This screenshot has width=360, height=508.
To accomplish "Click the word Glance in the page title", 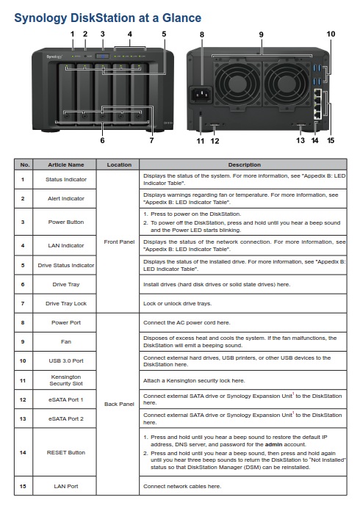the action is click(181, 18).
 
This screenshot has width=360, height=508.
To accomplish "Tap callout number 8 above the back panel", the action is click(202, 35).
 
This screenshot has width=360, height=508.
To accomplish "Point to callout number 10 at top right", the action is click(331, 34).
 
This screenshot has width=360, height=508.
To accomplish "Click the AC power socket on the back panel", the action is click(201, 94).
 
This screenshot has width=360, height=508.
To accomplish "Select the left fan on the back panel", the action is click(238, 84).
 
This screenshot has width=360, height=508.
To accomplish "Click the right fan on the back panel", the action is click(287, 84).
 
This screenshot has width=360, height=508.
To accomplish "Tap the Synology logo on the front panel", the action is click(54, 57).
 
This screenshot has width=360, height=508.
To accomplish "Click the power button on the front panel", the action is click(103, 57).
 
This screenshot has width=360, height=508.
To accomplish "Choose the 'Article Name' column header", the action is click(66, 164).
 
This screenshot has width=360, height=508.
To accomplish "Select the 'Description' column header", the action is click(244, 164).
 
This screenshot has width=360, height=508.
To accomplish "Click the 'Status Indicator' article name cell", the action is click(66, 179).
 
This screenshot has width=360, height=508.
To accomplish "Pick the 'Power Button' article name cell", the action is click(66, 222).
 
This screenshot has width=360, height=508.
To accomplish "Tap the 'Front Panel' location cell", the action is click(119, 242).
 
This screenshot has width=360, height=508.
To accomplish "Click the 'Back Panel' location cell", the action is click(119, 404).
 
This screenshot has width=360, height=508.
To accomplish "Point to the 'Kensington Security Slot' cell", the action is click(66, 380).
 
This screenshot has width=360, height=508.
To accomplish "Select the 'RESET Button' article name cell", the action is click(66, 452).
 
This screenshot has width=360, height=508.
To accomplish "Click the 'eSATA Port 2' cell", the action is click(66, 418).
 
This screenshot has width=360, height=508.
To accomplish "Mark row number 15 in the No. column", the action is click(23, 486).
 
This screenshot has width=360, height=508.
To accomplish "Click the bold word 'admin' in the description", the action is click(273, 445).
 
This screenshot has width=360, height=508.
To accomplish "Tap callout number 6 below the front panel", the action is click(102, 140).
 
